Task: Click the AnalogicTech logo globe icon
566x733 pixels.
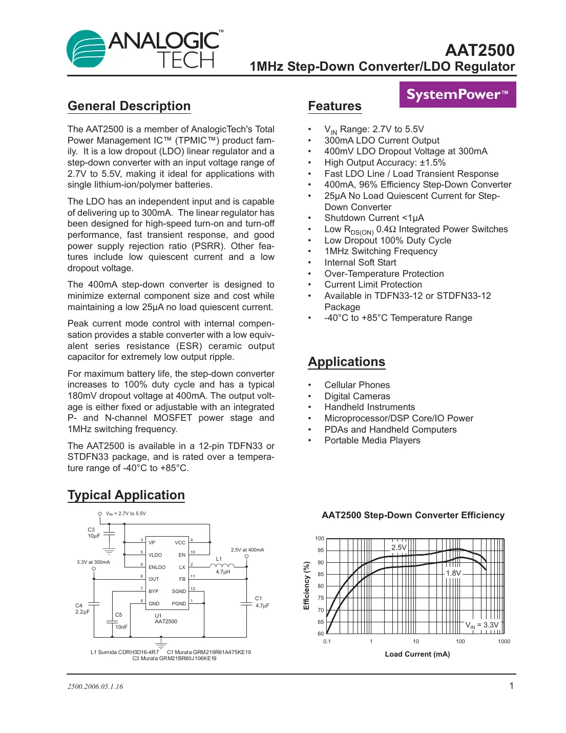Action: click(86, 49)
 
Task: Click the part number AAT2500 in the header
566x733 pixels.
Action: click(479, 50)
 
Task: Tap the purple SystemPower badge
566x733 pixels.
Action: click(457, 95)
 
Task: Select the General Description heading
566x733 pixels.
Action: click(129, 106)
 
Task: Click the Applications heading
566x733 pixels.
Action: click(346, 362)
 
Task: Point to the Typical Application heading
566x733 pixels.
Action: click(126, 495)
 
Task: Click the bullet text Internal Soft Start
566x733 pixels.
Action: click(360, 262)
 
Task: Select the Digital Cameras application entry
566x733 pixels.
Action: click(357, 396)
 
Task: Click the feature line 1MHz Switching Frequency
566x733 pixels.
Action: click(381, 251)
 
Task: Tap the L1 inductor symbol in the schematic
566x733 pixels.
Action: click(222, 566)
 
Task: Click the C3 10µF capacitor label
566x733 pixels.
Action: click(93, 533)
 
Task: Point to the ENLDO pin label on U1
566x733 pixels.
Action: click(157, 567)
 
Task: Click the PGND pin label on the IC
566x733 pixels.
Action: click(179, 604)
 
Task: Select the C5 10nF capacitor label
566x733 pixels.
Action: click(120, 621)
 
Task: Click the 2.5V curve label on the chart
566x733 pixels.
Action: click(399, 547)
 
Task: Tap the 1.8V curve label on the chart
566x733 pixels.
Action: click(453, 573)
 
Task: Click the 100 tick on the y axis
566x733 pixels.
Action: click(320, 538)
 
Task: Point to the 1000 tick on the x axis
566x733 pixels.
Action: click(504, 641)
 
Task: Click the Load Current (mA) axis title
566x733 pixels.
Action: click(417, 654)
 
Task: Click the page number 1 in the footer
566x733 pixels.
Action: click(511, 686)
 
